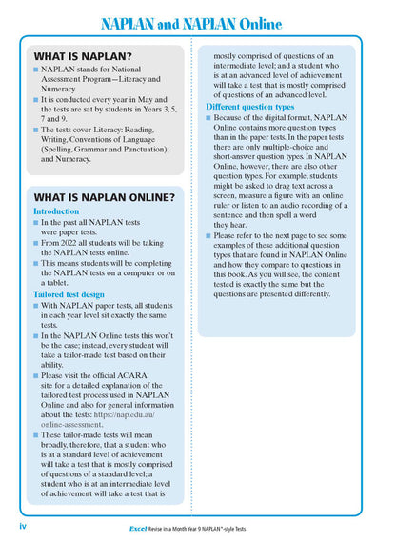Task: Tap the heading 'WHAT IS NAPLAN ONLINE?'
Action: coord(104,197)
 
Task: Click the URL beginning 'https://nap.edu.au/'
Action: coord(131,414)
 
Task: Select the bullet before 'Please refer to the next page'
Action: coord(209,234)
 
